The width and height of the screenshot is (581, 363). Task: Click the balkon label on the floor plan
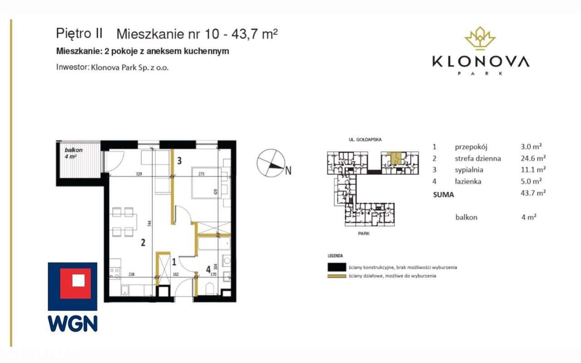[x=70, y=150]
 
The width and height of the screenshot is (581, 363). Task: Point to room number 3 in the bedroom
[x=180, y=160]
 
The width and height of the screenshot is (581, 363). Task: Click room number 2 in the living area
[x=143, y=243]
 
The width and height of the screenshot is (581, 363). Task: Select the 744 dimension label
[x=150, y=223]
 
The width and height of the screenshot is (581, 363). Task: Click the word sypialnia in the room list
[x=469, y=170]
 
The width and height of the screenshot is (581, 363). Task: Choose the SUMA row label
[x=443, y=194]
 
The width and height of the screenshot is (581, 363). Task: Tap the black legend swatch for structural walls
[x=336, y=267]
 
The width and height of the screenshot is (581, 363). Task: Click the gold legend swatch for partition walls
[x=336, y=276]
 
